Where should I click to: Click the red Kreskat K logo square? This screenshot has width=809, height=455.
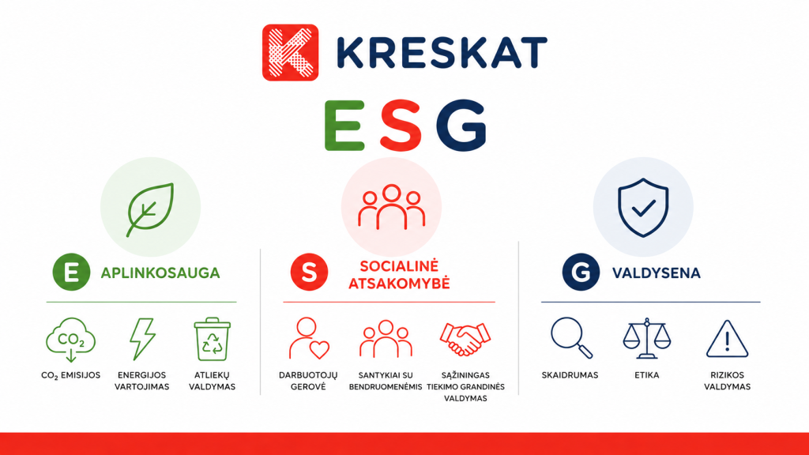coord(291,53)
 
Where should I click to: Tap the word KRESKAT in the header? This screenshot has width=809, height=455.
coord(442,53)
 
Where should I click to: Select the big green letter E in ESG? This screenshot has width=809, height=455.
coord(344,126)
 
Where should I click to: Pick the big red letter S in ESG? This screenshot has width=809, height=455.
coord(401,126)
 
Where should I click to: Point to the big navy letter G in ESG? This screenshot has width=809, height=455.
coord(461,126)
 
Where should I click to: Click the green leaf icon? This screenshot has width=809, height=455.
coord(150,209)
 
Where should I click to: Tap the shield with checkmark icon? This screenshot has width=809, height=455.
coord(643,208)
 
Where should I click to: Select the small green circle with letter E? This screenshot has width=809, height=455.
coord(71,272)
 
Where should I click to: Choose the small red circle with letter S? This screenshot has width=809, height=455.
coord(309,272)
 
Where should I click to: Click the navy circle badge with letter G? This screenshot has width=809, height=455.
coord(581,272)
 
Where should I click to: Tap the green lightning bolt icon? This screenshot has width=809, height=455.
coord(142,338)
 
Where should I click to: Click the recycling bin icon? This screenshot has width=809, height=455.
coord(212,339)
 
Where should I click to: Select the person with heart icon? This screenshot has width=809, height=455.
coord(309,338)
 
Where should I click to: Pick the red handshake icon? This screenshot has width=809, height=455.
coord(465,339)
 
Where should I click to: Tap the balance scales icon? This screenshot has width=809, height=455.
coord(646,338)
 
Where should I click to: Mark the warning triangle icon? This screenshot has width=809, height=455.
coord(727,339)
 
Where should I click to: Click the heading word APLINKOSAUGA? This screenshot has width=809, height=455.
coord(160,273)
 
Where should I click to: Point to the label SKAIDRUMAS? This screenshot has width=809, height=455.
coord(570,375)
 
